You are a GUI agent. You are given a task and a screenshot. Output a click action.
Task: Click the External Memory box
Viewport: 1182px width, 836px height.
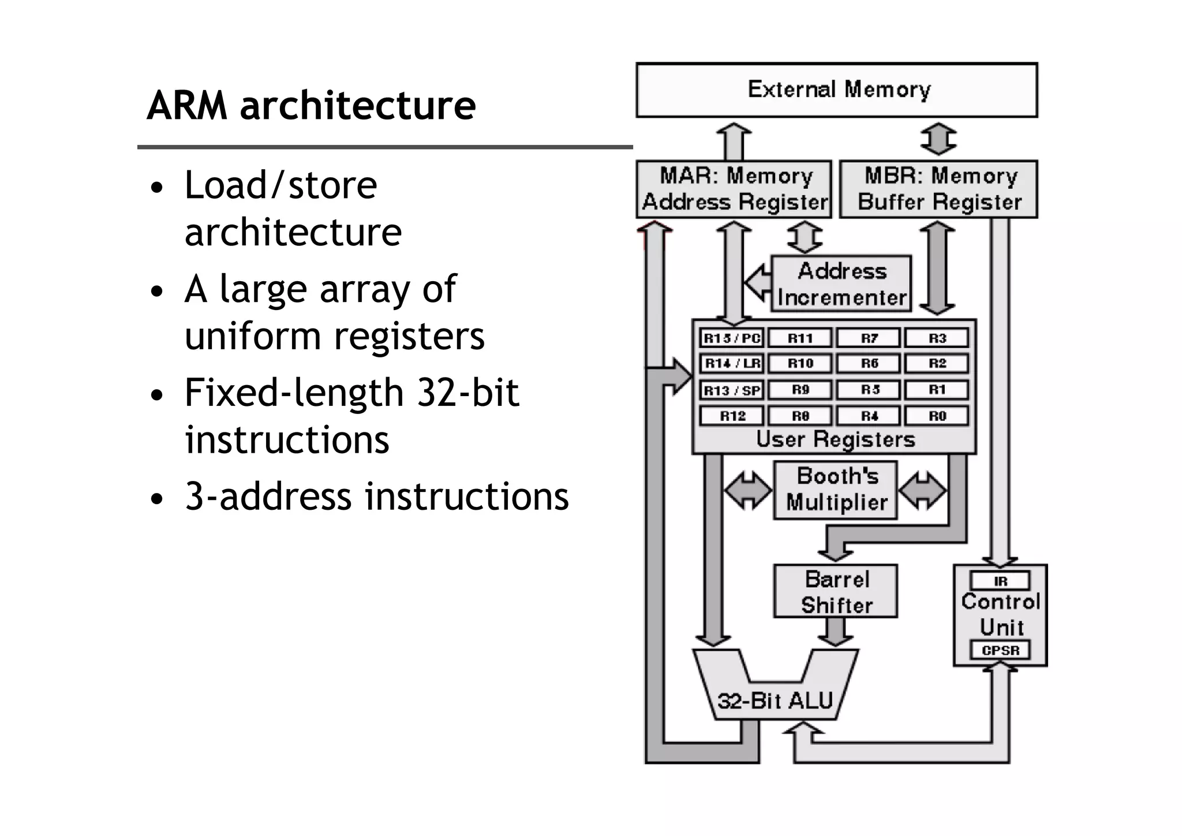click(x=837, y=90)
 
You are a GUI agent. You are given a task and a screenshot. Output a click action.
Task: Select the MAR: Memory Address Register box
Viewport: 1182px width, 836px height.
click(x=734, y=189)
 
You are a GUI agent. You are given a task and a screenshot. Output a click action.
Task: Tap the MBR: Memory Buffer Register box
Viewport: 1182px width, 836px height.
click(x=938, y=189)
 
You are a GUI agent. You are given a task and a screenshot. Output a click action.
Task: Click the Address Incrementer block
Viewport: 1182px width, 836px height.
click(x=841, y=284)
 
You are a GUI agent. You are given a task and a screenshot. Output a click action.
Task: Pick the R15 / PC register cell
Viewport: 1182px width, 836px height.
click(x=732, y=338)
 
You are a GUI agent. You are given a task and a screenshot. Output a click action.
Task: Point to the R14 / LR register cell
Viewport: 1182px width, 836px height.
click(x=732, y=363)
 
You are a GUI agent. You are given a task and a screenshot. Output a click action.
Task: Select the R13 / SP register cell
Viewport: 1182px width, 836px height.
click(x=732, y=390)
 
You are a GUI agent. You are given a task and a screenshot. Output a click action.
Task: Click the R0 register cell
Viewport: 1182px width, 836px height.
click(x=937, y=416)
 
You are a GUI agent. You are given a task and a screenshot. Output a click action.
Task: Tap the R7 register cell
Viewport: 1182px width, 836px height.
click(x=869, y=338)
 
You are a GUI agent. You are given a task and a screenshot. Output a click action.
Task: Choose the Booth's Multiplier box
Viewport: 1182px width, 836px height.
click(x=836, y=490)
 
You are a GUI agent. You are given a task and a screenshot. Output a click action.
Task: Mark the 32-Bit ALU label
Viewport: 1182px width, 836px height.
click(x=775, y=701)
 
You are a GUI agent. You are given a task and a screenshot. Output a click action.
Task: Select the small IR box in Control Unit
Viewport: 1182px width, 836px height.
click(x=1000, y=581)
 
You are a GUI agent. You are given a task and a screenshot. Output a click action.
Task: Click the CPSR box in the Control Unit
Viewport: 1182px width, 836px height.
click(x=1000, y=650)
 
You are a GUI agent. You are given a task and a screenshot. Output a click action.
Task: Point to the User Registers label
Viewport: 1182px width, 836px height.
click(x=835, y=440)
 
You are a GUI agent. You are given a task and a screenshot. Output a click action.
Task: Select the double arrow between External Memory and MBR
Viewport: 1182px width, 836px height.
click(x=938, y=139)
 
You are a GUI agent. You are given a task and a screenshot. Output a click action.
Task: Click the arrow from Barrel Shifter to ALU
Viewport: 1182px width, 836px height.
click(x=836, y=632)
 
